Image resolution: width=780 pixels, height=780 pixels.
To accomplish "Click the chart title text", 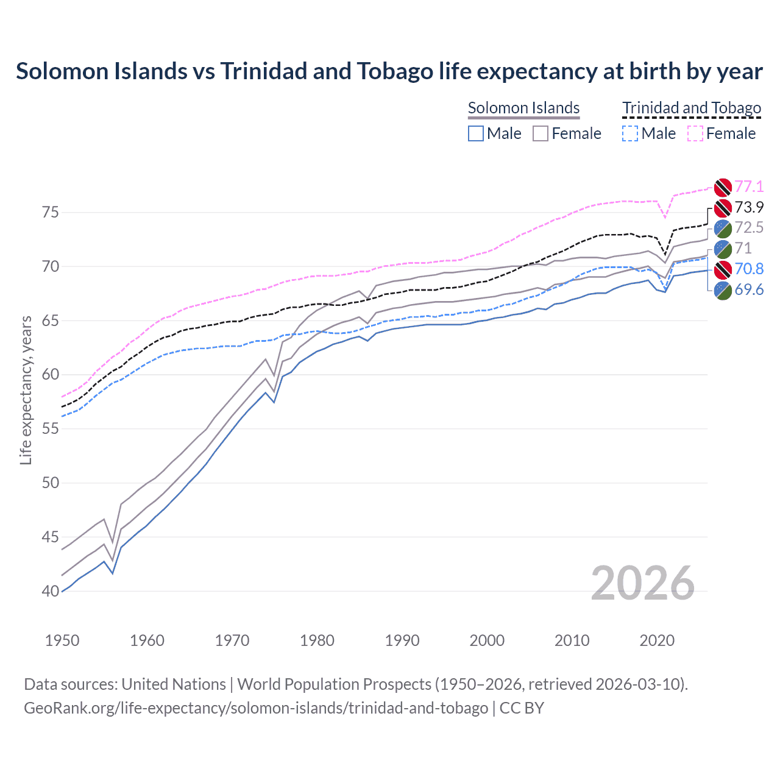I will tap(389, 71).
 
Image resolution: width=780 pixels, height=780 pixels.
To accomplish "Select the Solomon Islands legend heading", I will tap(523, 108).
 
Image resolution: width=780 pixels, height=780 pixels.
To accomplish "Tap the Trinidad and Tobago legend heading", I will tap(692, 108).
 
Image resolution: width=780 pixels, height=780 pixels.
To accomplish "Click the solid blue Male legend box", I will tap(476, 133).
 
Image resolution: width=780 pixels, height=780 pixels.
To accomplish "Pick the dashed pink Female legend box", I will tap(695, 133).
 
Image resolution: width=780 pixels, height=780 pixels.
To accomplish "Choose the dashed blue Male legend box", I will tap(631, 133).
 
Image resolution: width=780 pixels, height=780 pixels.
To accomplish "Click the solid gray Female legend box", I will tap(541, 133).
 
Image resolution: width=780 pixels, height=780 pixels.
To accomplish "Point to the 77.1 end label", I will tap(749, 186).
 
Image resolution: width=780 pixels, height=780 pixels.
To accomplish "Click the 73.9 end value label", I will tap(749, 207).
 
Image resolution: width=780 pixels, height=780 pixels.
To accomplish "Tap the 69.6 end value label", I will tap(749, 290).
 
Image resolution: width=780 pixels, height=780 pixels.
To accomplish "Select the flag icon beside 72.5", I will tap(723, 229).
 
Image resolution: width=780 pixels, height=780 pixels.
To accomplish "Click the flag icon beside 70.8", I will tap(723, 269).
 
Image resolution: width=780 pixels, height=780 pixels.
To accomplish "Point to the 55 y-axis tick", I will tap(51, 429).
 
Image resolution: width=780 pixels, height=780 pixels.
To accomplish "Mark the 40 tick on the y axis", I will tap(51, 591).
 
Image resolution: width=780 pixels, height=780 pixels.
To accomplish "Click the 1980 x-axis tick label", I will tap(317, 640).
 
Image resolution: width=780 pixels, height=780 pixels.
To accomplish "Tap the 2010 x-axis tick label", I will tap(572, 640).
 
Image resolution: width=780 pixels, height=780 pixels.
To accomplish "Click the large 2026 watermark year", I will tap(643, 583).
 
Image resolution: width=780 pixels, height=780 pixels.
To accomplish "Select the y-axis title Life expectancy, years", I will tap(26, 390).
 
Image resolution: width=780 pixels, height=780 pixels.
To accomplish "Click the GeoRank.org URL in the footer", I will tap(256, 708).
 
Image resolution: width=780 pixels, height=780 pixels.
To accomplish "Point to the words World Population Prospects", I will tap(334, 684).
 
